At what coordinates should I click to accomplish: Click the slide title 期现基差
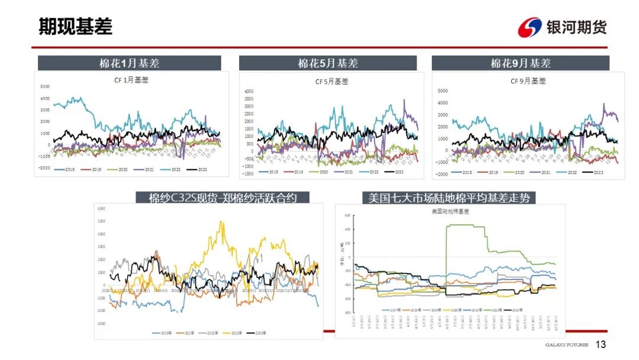click(x=75, y=27)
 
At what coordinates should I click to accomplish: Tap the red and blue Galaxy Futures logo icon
click(x=530, y=27)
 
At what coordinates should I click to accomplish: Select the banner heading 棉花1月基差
click(x=129, y=63)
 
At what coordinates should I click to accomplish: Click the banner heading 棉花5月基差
click(x=328, y=63)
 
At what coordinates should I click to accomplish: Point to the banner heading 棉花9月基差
click(x=520, y=63)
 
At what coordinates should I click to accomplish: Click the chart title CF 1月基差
click(x=131, y=80)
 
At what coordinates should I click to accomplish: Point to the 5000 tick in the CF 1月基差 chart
click(x=45, y=87)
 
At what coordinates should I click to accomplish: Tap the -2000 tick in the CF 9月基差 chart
click(x=441, y=175)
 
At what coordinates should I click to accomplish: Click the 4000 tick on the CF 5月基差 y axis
click(x=248, y=92)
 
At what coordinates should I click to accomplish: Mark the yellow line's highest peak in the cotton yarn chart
click(x=221, y=222)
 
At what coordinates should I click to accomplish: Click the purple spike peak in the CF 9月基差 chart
click(x=603, y=104)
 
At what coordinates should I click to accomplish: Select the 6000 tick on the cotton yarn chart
click(x=101, y=209)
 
